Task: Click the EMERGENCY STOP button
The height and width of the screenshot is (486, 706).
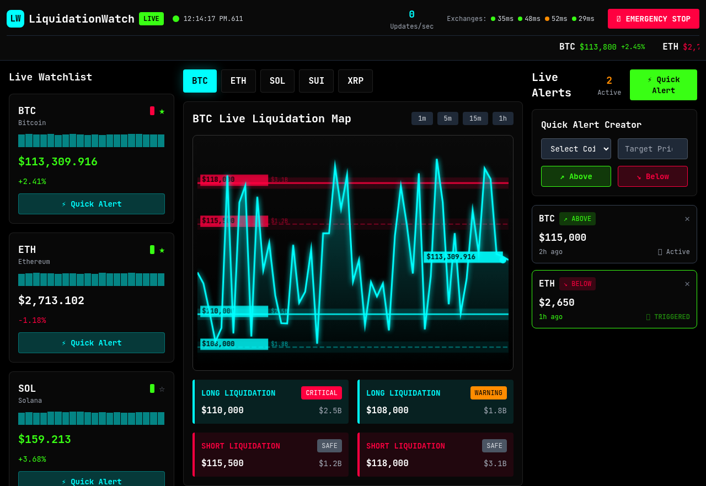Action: point(653,19)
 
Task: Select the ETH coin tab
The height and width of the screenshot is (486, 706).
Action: point(238,81)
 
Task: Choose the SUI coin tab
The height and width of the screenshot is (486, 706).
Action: point(316,81)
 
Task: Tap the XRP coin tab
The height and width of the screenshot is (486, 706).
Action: point(355,81)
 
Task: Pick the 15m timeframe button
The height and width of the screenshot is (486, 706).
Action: point(475,118)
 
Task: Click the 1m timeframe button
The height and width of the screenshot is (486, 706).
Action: point(422,118)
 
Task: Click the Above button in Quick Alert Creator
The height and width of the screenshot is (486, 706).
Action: point(576,176)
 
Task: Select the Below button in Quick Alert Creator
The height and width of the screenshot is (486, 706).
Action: point(652,176)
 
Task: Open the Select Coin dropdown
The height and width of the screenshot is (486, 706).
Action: point(576,149)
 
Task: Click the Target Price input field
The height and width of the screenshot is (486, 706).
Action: point(652,149)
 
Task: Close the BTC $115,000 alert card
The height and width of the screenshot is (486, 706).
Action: point(687,219)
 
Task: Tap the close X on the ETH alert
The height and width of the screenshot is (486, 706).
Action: point(687,284)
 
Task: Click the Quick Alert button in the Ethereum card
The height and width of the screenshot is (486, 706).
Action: point(92,343)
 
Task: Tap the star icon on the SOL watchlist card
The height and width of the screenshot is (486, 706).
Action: point(162,389)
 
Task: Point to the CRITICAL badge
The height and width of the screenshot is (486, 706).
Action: point(322,393)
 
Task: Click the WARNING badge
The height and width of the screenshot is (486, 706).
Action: point(488,393)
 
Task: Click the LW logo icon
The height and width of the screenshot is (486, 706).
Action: point(15,19)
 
